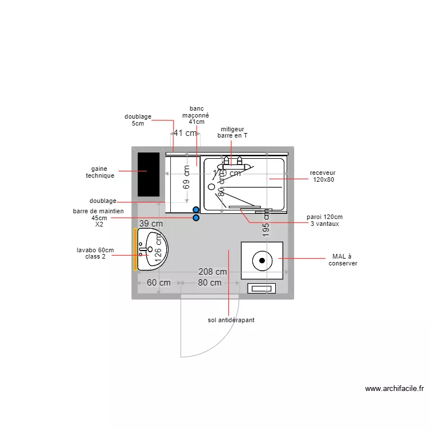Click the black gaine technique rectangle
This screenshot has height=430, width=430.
click(x=148, y=174)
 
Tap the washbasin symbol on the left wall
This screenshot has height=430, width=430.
click(x=152, y=249)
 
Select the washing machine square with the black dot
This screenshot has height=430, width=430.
click(x=262, y=260)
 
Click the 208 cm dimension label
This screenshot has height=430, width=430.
click(x=213, y=272)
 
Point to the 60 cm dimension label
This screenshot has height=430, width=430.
click(x=159, y=283)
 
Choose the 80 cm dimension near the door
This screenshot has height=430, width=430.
click(x=210, y=283)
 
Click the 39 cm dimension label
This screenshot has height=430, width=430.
click(x=151, y=224)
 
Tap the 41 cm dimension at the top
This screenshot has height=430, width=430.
click(x=185, y=133)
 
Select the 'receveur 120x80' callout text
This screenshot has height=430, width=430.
click(x=323, y=176)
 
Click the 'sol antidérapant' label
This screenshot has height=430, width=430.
click(x=231, y=320)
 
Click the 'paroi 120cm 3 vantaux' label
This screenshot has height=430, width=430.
click(x=325, y=220)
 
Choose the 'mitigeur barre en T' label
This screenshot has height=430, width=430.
click(x=232, y=132)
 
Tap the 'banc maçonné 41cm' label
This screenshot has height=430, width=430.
click(x=196, y=115)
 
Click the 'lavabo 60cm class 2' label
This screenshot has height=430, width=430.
click(x=95, y=253)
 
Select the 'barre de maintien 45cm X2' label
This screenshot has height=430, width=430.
click(x=99, y=218)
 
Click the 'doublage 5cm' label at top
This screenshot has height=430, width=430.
click(x=138, y=120)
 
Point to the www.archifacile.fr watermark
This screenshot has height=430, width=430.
click(x=394, y=388)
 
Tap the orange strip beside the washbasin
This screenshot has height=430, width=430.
click(x=135, y=249)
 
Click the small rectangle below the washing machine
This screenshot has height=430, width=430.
click(x=261, y=288)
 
